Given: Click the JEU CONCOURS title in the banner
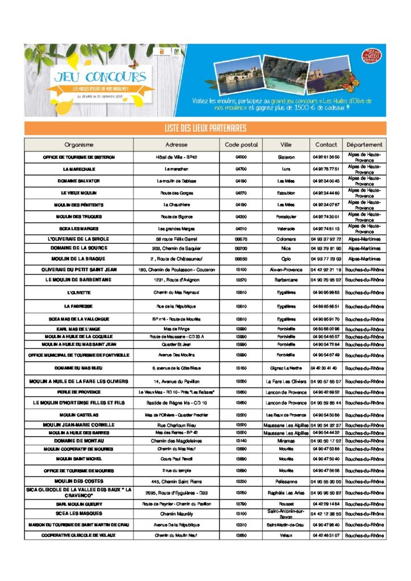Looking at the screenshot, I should [100, 77].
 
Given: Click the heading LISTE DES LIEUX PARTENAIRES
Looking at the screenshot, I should [205, 128].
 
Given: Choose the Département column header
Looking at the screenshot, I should [364, 145].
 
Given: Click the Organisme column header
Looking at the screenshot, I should [79, 145].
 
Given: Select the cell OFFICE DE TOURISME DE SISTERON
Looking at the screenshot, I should [79, 157].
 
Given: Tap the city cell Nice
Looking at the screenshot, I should [286, 248].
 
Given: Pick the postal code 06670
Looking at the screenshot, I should [241, 239].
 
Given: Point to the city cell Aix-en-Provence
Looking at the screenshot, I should [286, 270].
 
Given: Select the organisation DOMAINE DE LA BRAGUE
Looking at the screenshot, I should [79, 258].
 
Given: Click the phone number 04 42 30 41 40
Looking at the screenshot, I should [326, 368].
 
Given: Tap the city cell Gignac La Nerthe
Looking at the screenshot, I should [286, 368].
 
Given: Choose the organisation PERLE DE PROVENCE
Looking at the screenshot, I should [79, 392].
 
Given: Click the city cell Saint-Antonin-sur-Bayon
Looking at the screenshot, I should [286, 513].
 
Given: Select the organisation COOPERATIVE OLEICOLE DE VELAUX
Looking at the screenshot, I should [79, 535].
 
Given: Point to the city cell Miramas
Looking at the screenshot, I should [286, 441].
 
